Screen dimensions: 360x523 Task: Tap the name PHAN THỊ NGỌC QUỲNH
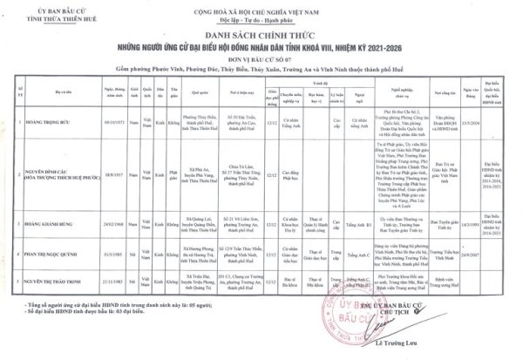[54, 257]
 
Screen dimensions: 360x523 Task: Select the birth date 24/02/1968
[115, 225]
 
